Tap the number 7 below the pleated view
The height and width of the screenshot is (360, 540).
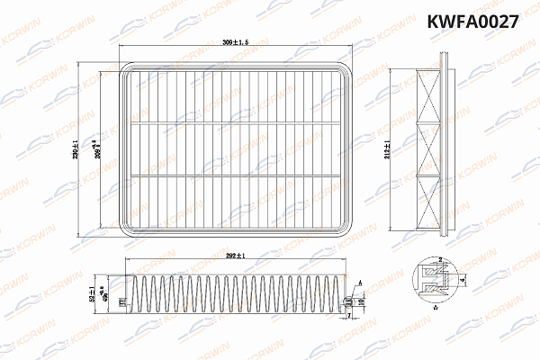[x=349, y=317]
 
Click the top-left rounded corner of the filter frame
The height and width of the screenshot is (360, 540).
[x=127, y=68]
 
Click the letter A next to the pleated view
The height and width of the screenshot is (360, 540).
[x=360, y=282]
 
